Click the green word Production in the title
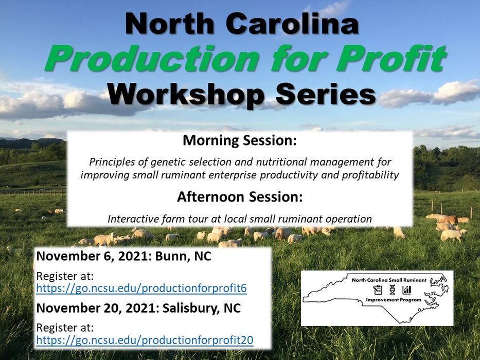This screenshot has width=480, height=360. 152,58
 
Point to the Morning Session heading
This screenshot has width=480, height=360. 240,140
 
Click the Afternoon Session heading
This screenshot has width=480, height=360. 240,196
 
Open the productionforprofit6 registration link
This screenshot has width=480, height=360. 141,289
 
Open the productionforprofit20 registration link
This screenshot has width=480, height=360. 145,340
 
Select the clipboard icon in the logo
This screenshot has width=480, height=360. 378,290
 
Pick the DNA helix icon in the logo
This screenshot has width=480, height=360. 393,290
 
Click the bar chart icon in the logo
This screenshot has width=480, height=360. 407,290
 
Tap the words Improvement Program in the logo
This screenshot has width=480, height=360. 394,300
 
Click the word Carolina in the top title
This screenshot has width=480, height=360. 293,24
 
